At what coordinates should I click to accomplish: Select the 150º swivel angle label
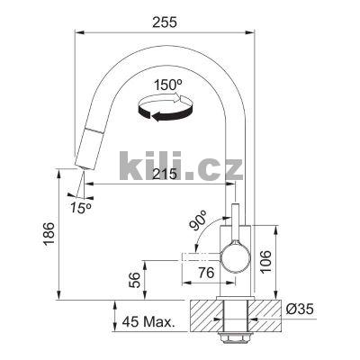168,86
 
